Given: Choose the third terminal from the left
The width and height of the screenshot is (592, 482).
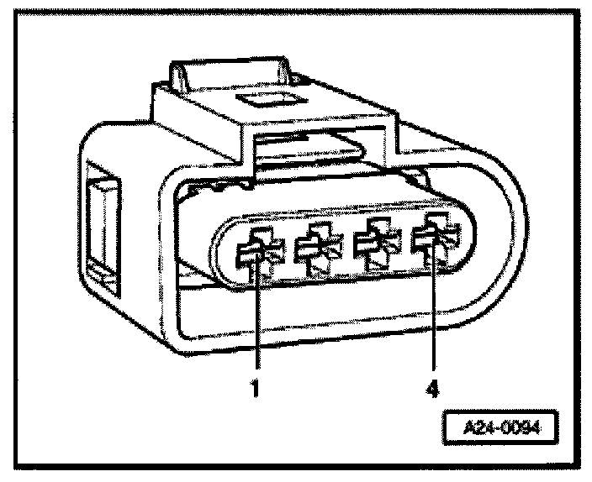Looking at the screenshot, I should point(373,246).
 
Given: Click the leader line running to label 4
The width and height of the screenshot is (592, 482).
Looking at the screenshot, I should point(434,319).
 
